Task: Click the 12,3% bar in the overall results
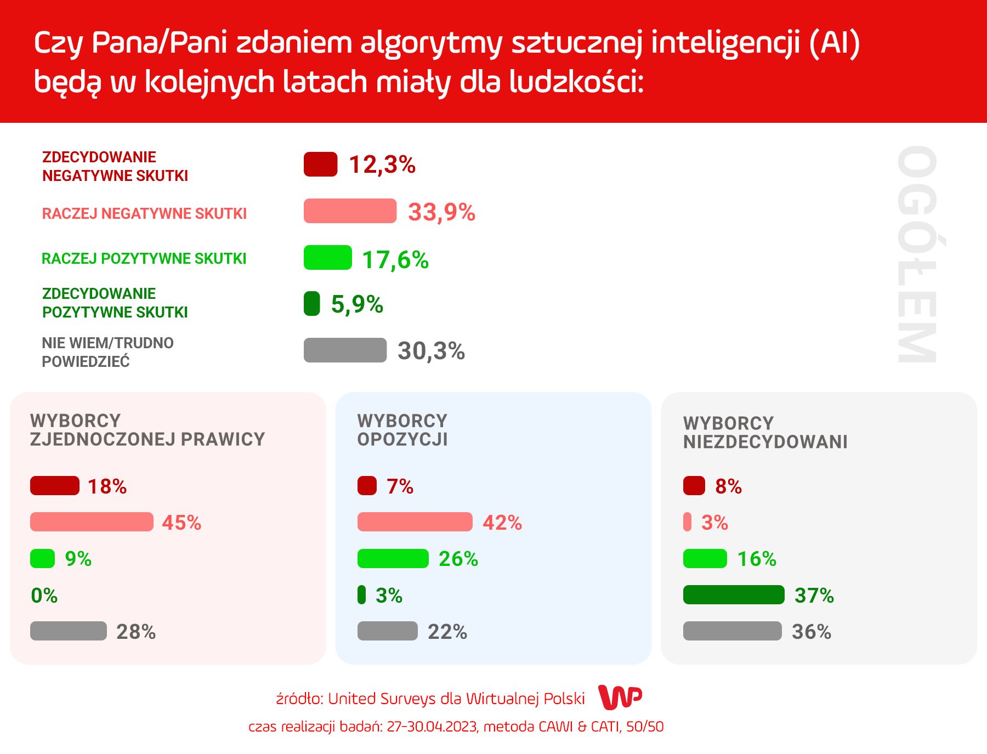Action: pyautogui.click(x=320, y=165)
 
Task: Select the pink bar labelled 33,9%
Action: pyautogui.click(x=350, y=211)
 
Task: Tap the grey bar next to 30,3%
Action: pyautogui.click(x=345, y=350)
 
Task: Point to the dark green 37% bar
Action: pyautogui.click(x=734, y=595)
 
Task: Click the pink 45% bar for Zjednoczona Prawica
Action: pyautogui.click(x=92, y=522)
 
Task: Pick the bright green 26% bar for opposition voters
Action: pyautogui.click(x=393, y=559)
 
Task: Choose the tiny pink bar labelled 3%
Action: pyautogui.click(x=687, y=522)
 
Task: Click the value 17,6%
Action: pyautogui.click(x=395, y=260)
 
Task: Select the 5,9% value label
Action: pyautogui.click(x=357, y=304)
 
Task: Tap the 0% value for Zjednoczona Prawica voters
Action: pyautogui.click(x=44, y=596)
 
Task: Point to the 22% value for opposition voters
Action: pyautogui.click(x=447, y=632)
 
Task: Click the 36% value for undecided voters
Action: pyautogui.click(x=812, y=632)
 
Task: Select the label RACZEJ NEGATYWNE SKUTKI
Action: pyautogui.click(x=144, y=213)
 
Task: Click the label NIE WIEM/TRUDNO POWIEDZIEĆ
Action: pyautogui.click(x=107, y=352)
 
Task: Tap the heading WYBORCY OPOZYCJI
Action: pyautogui.click(x=402, y=430)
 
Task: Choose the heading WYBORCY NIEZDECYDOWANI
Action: pyautogui.click(x=765, y=433)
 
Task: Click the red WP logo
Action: pyautogui.click(x=620, y=698)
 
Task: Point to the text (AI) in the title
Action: pyautogui.click(x=834, y=43)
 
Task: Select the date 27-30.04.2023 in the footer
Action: pyautogui.click(x=432, y=727)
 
